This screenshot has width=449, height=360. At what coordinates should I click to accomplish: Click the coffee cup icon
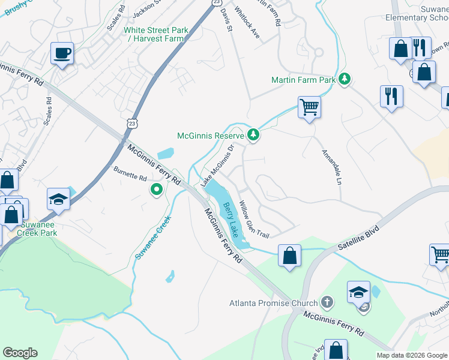62,53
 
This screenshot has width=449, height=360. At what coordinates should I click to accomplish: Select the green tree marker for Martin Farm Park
344,79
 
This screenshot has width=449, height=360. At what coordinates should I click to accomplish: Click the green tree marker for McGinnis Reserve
253,134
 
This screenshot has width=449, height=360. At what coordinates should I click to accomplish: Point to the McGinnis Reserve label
210,135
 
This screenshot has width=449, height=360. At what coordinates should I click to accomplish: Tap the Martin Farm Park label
303,79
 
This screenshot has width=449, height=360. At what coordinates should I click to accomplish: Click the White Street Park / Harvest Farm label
156,35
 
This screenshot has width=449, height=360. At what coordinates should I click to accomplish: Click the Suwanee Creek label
152,237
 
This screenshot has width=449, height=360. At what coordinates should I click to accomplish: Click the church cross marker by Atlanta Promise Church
327,302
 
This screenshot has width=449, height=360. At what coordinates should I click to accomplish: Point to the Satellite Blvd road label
360,236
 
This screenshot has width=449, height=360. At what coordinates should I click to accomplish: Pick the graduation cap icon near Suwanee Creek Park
59,199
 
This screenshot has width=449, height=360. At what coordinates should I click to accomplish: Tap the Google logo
21,353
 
